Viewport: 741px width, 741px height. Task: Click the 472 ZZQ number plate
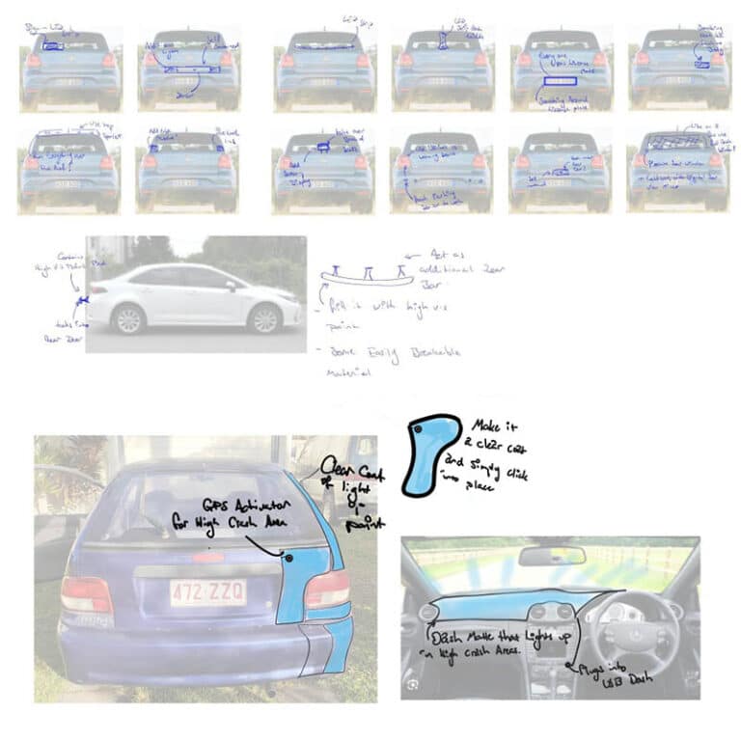(x=207, y=591)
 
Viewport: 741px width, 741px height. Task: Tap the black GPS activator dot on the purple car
(x=288, y=558)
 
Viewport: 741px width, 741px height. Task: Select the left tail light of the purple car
(x=87, y=594)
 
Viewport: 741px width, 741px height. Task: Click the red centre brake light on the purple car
(x=207, y=557)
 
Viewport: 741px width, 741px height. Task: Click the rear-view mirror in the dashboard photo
(x=551, y=556)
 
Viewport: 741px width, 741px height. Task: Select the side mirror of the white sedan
(x=232, y=286)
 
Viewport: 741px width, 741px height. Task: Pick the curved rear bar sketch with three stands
(x=367, y=278)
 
